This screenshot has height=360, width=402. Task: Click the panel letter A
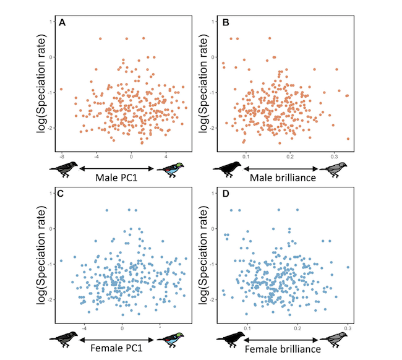(62, 24)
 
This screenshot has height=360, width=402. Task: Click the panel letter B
(226, 24)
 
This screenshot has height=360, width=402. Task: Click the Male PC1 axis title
(116, 179)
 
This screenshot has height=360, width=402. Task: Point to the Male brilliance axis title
(281, 179)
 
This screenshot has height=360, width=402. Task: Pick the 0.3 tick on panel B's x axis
(335, 150)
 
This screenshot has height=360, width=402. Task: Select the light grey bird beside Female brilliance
(334, 340)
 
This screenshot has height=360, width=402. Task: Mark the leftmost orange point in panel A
(61, 89)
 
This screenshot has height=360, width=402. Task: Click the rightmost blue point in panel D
(348, 267)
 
